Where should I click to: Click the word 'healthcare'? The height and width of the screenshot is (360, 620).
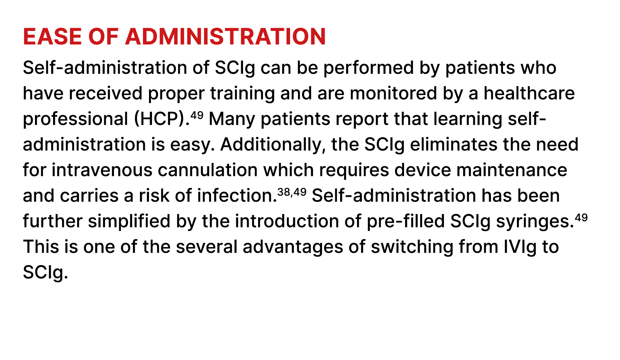[x=529, y=93]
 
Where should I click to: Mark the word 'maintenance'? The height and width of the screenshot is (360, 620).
[x=512, y=170]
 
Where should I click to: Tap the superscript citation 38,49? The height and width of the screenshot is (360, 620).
[x=292, y=192]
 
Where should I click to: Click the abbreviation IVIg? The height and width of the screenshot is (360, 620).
[x=520, y=247]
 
